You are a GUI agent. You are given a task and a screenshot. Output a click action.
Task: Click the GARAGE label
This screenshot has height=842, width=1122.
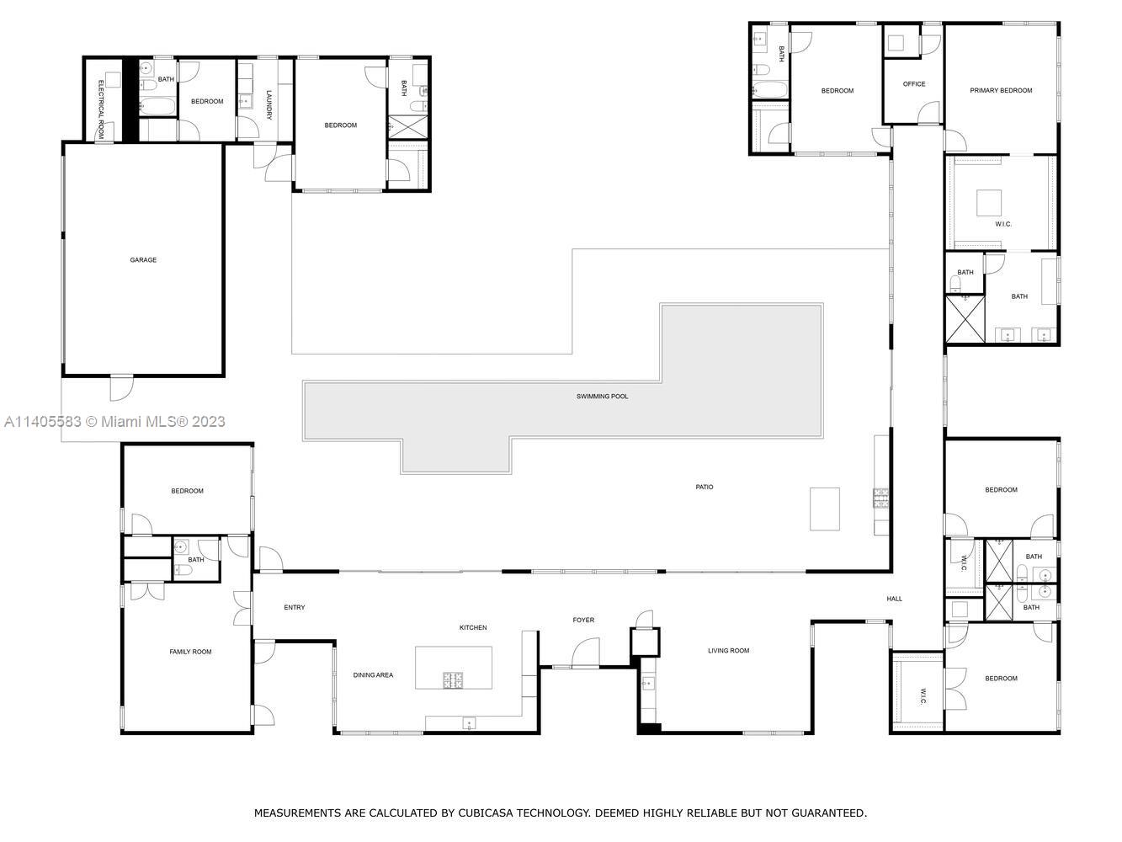click(x=143, y=259)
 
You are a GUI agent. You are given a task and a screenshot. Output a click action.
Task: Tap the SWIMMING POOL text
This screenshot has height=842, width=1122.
click(x=602, y=397)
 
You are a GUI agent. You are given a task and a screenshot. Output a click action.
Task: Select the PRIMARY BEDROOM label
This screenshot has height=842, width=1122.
click(x=1001, y=90)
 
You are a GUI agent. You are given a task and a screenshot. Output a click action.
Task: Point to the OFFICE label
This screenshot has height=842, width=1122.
click(x=914, y=84)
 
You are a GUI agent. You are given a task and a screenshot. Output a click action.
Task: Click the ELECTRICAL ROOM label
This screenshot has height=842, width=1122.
click(x=101, y=109)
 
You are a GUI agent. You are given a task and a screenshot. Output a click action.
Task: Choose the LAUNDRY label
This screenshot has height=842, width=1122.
click(x=269, y=104)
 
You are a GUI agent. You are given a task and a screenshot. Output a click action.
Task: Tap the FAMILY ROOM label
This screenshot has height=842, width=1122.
click(x=190, y=652)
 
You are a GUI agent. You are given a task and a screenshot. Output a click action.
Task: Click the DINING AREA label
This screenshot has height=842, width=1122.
click(x=373, y=675)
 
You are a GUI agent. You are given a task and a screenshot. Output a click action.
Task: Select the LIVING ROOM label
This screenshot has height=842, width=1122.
click(x=728, y=651)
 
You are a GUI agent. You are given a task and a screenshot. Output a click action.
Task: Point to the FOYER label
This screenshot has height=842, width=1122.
click(x=583, y=620)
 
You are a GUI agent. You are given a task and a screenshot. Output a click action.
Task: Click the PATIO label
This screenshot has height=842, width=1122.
click(x=705, y=488)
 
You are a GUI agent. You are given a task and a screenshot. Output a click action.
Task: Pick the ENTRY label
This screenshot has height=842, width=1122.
click(x=295, y=607)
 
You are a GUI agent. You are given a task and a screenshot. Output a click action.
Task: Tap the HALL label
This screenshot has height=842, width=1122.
click(x=895, y=599)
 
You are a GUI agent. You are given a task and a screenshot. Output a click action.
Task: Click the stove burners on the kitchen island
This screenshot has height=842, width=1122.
click(x=453, y=680)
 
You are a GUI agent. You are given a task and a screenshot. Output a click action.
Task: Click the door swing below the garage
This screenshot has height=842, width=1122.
click(x=122, y=388)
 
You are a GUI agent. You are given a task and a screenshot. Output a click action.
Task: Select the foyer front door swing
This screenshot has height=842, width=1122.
click(x=585, y=653)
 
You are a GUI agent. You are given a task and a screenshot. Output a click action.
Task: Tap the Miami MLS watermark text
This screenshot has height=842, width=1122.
click(x=114, y=422)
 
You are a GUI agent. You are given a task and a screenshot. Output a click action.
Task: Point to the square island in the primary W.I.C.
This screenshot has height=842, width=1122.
click(x=989, y=203)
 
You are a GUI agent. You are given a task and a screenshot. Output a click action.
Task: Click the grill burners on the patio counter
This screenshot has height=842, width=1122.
click(x=880, y=498)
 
